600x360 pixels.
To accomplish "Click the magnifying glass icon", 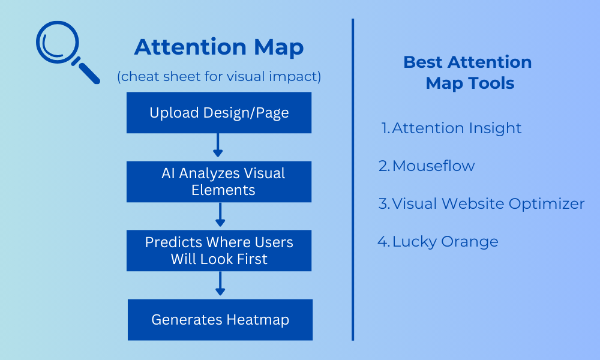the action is point(58,43).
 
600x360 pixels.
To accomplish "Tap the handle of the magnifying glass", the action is point(89,73).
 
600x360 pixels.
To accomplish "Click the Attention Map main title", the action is point(219,47).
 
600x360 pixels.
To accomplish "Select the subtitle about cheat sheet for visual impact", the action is point(219,77).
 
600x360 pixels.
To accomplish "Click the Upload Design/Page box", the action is point(219,112).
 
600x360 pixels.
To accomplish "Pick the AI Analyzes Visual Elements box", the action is point(219,182).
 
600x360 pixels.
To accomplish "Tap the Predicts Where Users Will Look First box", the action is point(219,251).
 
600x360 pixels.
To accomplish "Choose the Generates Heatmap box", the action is point(220,320).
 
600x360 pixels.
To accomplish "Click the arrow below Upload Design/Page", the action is point(218,145).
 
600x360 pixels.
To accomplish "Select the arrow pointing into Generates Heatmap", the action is point(220,283).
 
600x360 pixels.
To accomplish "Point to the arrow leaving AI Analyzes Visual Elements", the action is point(220,215).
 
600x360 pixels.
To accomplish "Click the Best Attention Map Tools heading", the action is point(468,73).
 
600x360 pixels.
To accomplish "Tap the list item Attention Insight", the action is point(452,128).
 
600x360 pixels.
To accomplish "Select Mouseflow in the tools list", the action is point(427,166).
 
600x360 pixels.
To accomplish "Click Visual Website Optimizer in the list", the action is point(481,203).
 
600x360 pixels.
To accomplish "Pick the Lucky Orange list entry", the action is point(438,242).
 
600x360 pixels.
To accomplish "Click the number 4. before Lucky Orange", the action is point(383,241).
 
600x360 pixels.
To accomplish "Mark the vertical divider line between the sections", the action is point(353,179).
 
